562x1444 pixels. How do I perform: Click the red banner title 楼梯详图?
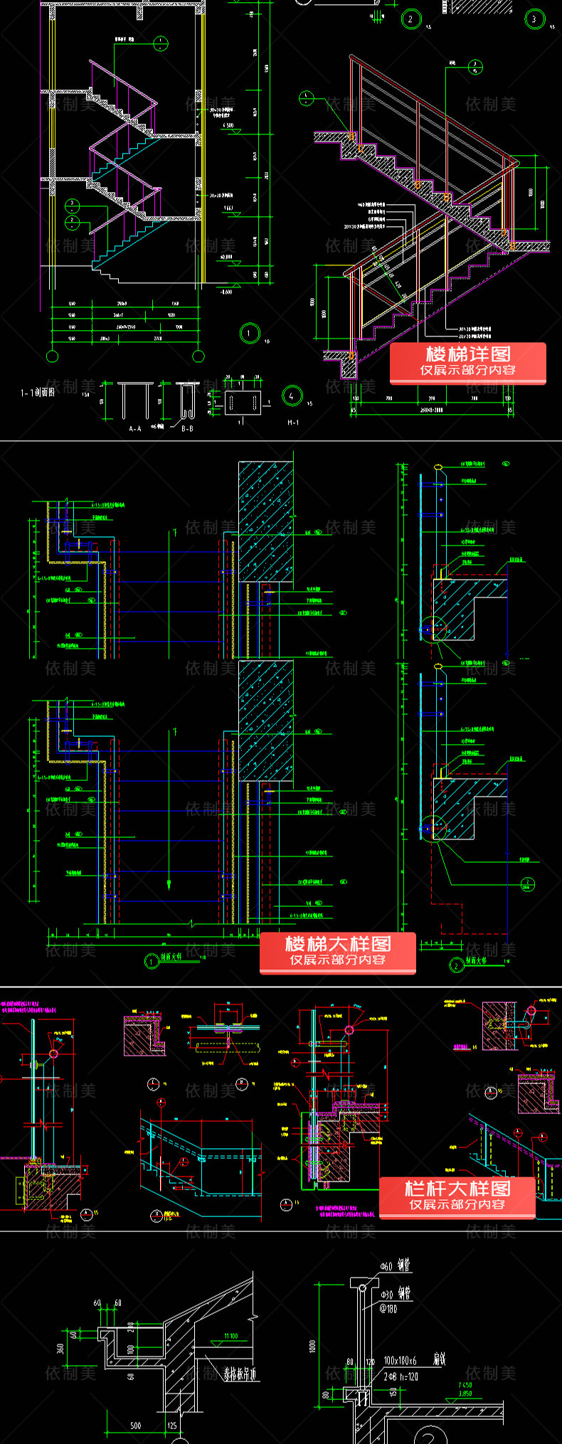(467, 354)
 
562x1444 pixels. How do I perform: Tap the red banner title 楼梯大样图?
(337, 944)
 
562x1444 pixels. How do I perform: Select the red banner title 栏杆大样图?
(457, 1189)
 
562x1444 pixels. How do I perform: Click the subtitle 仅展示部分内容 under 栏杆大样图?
(457, 1204)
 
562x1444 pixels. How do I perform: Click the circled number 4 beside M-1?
(292, 395)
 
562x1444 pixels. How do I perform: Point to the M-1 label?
(293, 423)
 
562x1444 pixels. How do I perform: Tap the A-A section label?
(135, 429)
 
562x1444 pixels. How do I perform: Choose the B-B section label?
(187, 429)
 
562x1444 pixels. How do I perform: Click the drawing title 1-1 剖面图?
(38, 392)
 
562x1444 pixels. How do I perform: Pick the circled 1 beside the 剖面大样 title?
(152, 962)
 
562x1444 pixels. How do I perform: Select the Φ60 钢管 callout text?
(395, 1266)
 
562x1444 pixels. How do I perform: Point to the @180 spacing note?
(388, 1308)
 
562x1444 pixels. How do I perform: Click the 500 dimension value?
(135, 1426)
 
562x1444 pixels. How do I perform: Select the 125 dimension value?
(172, 1426)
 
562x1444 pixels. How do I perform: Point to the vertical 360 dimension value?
(61, 1347)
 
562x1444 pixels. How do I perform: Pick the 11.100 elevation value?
(230, 1336)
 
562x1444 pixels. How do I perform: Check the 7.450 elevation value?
(465, 1385)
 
